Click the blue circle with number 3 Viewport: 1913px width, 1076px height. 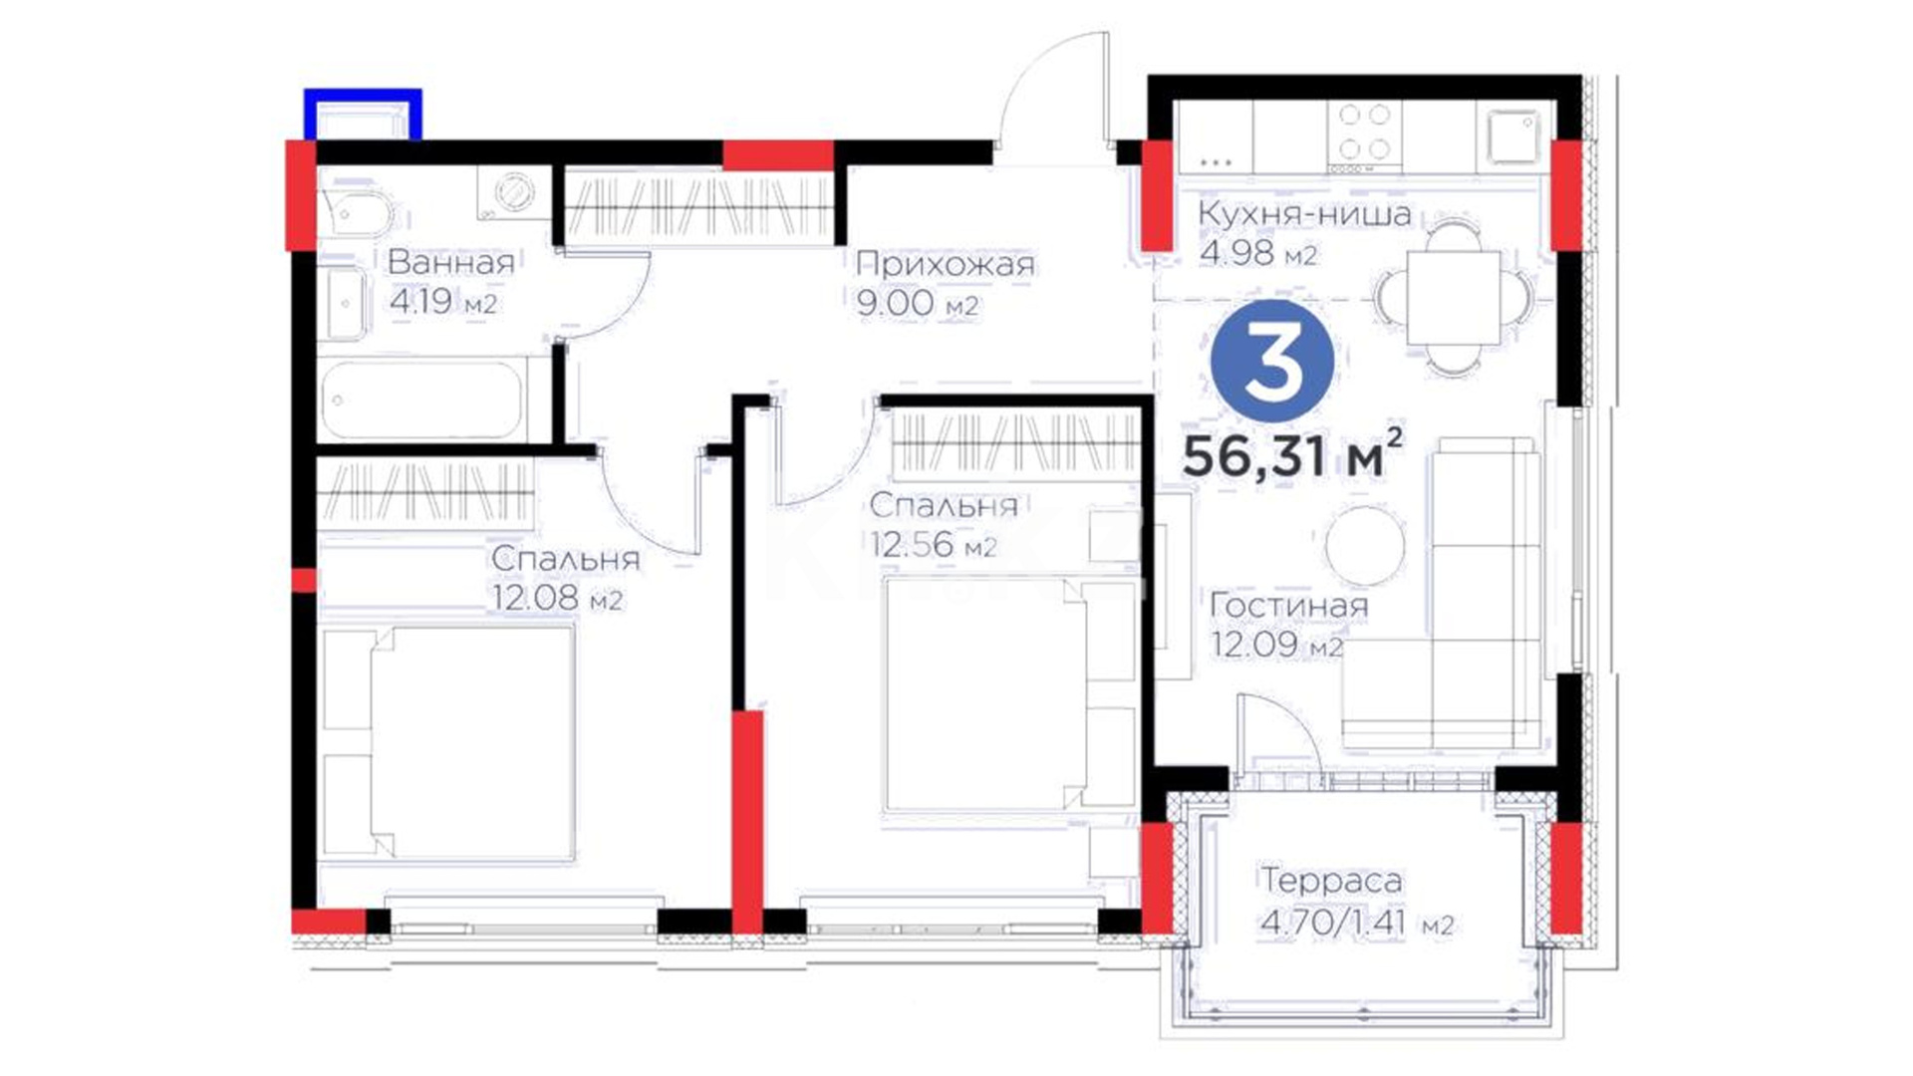(1271, 362)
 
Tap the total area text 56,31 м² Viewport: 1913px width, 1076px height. (1293, 454)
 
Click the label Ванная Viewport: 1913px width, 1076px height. (451, 262)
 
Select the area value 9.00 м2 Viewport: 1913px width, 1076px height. (917, 304)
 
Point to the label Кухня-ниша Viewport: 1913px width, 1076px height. (1304, 213)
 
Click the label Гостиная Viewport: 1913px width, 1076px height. (1288, 605)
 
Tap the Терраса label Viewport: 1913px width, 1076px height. (1331, 880)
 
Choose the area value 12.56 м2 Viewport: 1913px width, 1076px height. (933, 545)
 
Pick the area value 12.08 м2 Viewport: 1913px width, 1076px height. (556, 599)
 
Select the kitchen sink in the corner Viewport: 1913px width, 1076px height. (1514, 137)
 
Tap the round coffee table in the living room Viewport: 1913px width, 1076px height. (1365, 545)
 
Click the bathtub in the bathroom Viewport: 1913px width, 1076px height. (422, 400)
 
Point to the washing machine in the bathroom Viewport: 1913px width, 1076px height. (514, 192)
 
